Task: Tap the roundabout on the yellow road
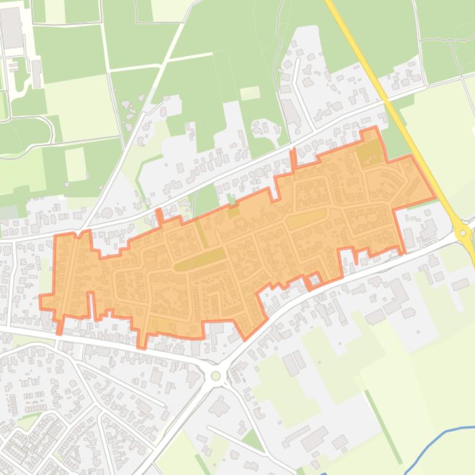coord(463,233)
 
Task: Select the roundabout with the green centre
coord(215,376)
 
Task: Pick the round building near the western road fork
coord(107,213)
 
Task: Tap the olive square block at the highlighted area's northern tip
coord(369,152)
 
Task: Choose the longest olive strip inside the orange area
coord(200,260)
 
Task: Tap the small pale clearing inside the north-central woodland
coord(249,93)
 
